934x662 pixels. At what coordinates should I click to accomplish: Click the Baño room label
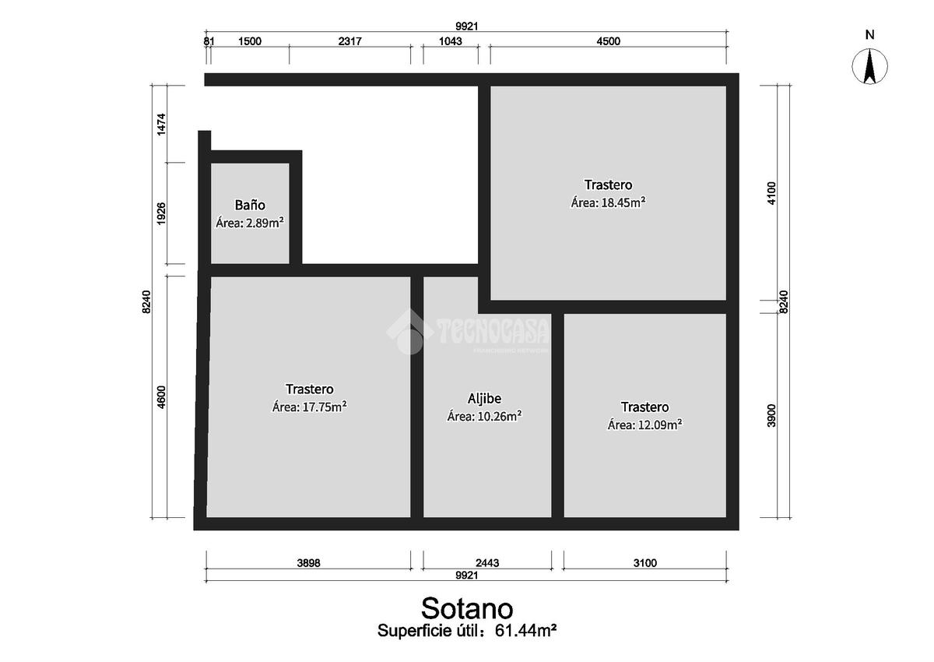(250, 205)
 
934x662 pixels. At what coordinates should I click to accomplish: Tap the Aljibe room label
(484, 399)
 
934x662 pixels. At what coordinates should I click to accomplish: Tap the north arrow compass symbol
(869, 66)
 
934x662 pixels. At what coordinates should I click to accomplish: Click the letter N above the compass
(870, 34)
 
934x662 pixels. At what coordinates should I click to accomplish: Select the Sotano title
(467, 608)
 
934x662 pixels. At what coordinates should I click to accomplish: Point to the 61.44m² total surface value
(525, 630)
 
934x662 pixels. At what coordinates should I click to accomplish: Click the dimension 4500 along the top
(609, 40)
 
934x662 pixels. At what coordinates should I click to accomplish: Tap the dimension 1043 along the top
(451, 40)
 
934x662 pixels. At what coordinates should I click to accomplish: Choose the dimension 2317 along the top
(349, 40)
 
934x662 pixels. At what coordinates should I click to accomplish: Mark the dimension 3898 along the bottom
(308, 563)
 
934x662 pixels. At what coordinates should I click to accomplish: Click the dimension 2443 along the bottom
(487, 563)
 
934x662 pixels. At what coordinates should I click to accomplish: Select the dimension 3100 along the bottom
(645, 563)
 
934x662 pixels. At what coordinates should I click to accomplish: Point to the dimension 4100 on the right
(772, 193)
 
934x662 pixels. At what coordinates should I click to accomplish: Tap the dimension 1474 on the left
(161, 124)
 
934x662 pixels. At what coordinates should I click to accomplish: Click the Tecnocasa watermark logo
(468, 332)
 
